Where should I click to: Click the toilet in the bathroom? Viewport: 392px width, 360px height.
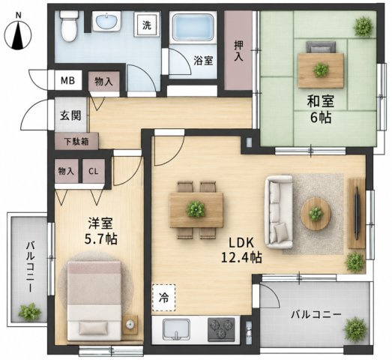point(69,25)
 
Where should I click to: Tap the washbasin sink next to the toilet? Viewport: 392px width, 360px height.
point(106,22)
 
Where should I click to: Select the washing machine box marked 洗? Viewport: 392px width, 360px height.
point(147,25)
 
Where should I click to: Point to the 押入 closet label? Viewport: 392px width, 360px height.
point(238,51)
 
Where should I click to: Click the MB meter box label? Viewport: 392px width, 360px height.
point(68,80)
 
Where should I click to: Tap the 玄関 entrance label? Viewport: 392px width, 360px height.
point(70,115)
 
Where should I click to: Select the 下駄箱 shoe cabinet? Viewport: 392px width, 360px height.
point(76,141)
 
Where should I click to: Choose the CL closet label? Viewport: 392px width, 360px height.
point(93,171)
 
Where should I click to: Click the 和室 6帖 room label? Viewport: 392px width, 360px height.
point(321,109)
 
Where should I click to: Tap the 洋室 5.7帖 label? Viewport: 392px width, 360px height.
point(100,231)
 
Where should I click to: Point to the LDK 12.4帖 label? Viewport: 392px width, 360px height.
point(241,250)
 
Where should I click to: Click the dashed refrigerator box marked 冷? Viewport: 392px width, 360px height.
point(163,298)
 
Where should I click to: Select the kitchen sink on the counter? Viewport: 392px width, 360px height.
point(176,329)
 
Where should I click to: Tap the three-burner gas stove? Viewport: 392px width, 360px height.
point(221,330)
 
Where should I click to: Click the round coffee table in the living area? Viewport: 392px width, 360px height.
point(316,214)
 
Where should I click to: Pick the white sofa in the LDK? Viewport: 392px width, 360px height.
point(279,212)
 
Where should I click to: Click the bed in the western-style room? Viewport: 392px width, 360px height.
point(94,301)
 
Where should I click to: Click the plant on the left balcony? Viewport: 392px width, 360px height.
point(30,312)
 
